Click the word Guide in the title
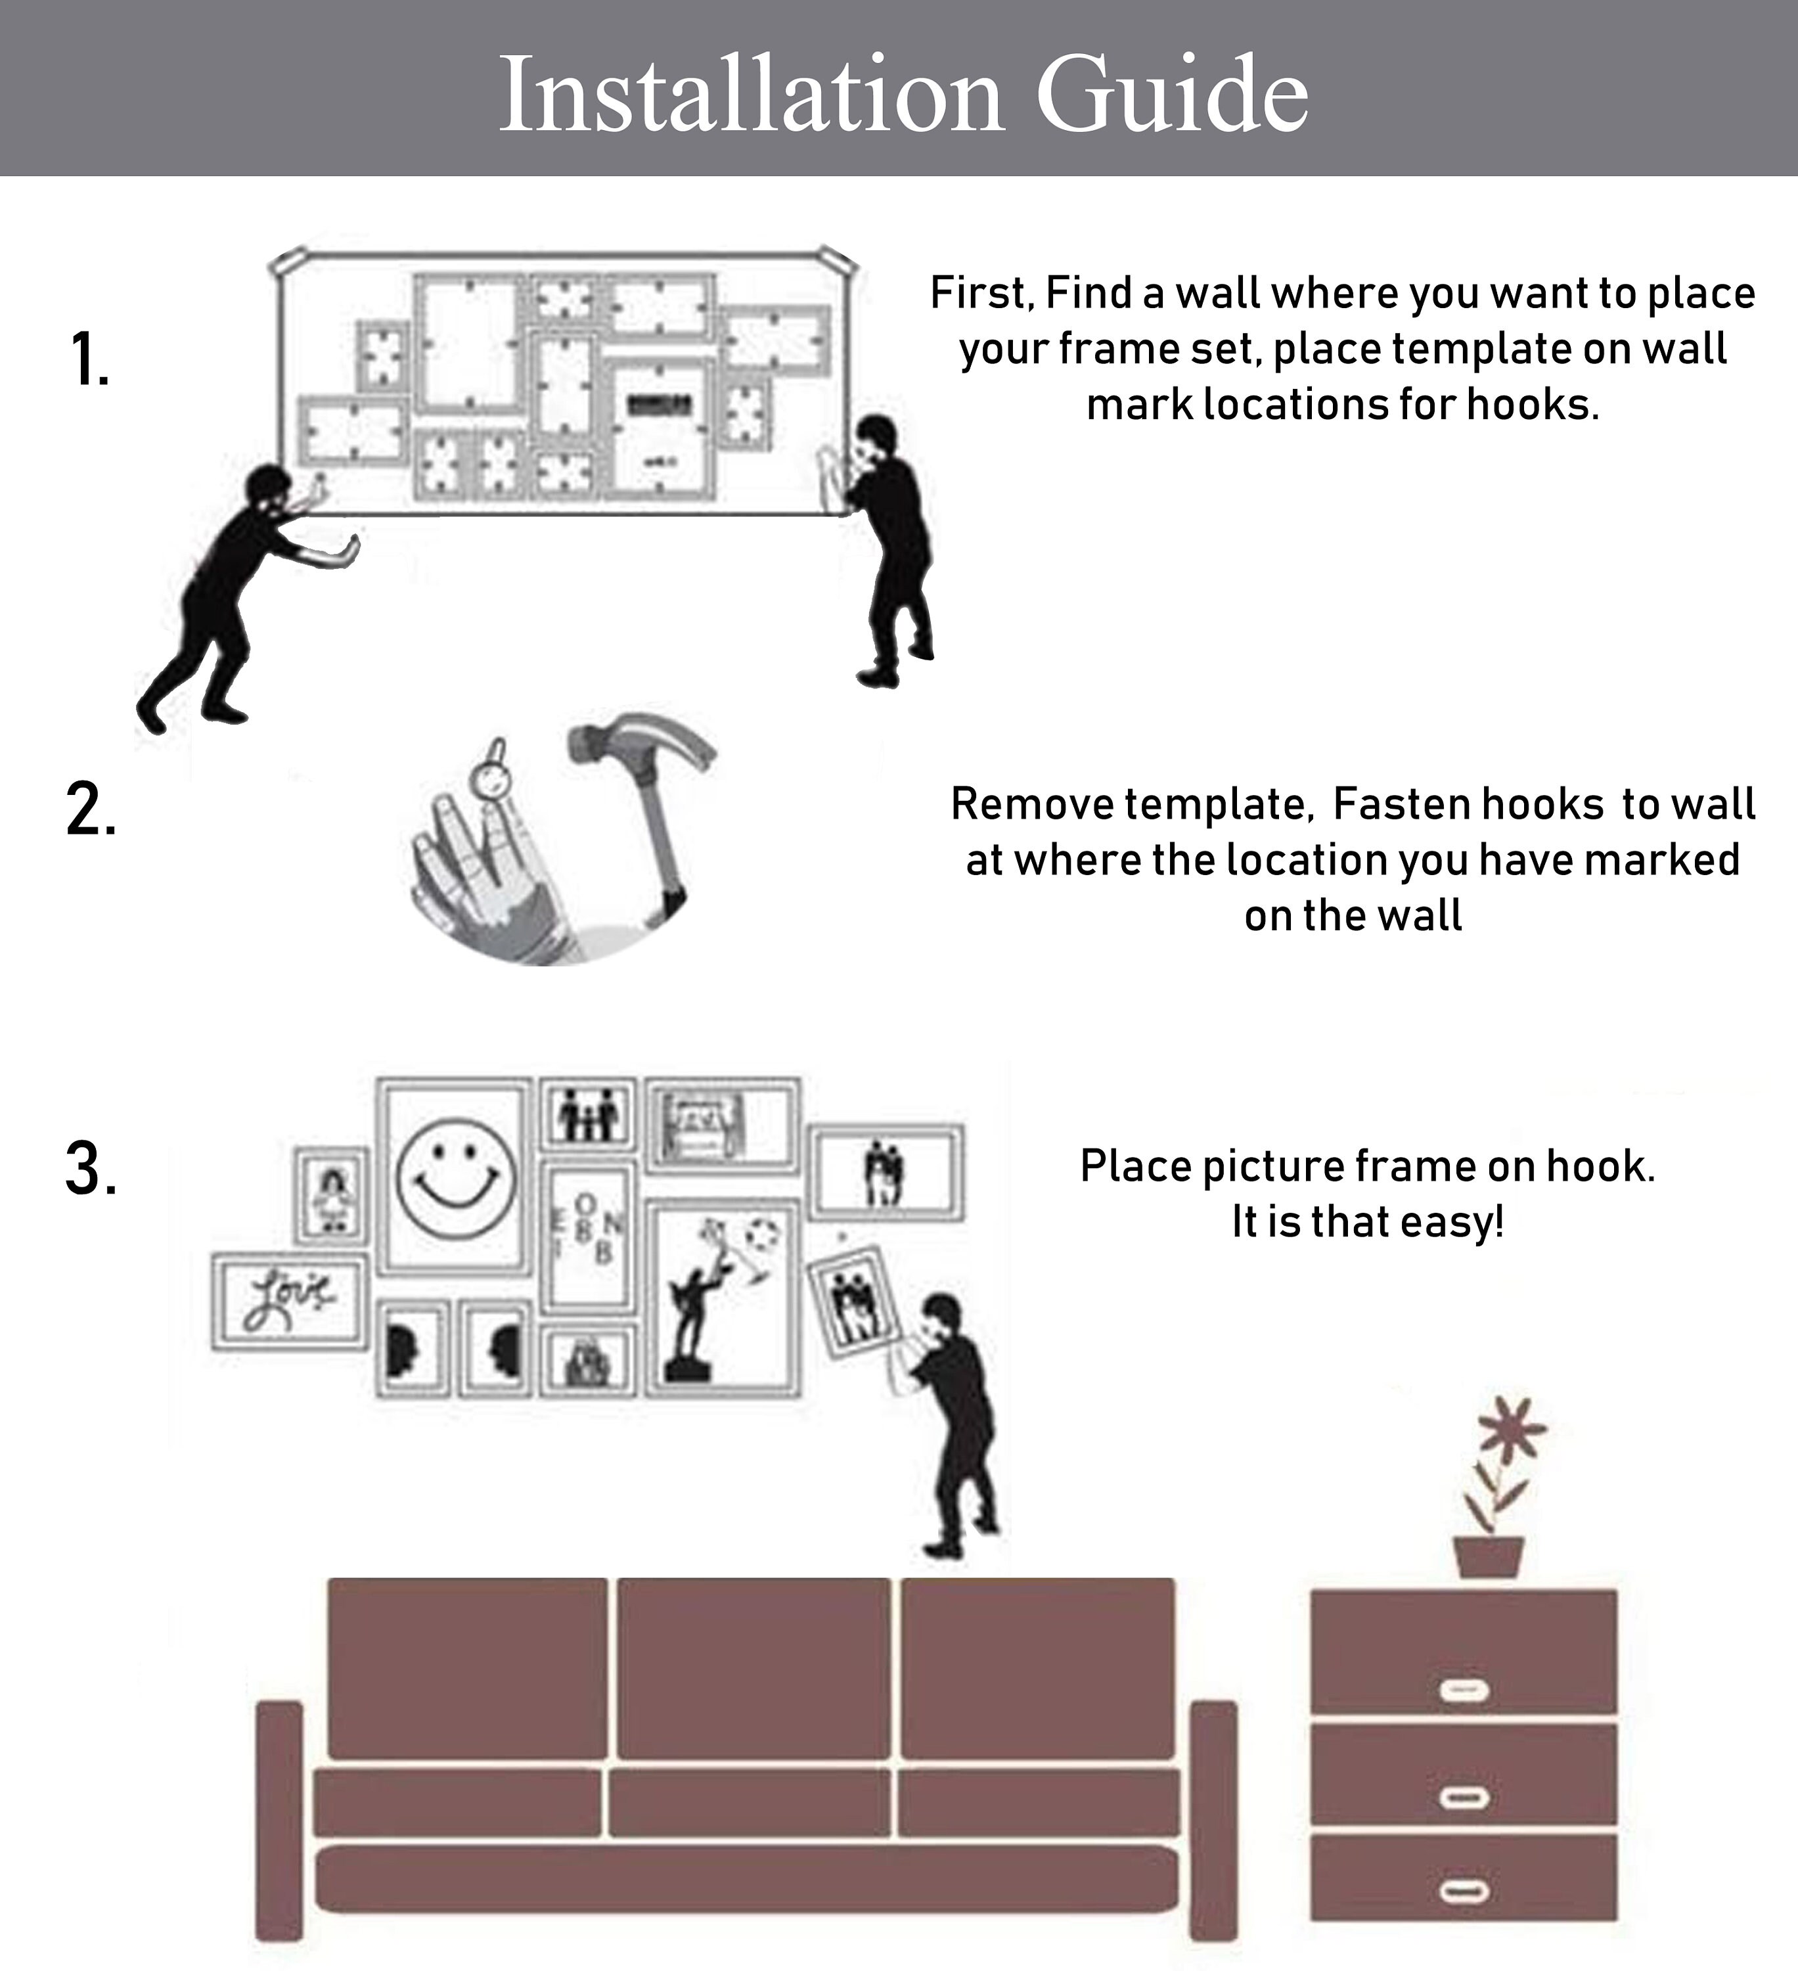[1171, 95]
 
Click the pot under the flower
[1488, 1558]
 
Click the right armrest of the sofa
[1213, 1821]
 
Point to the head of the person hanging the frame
[943, 1319]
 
